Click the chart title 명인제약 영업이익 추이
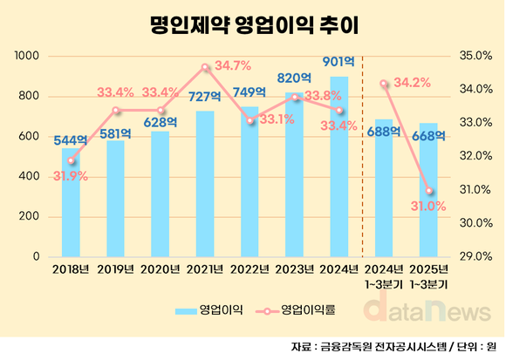coord(253,24)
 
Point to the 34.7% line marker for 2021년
coord(205,67)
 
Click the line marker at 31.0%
coord(429,191)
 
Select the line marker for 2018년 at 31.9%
coord(72,160)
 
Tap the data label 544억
coord(70,139)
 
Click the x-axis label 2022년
coord(250,269)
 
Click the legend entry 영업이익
coord(209,309)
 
